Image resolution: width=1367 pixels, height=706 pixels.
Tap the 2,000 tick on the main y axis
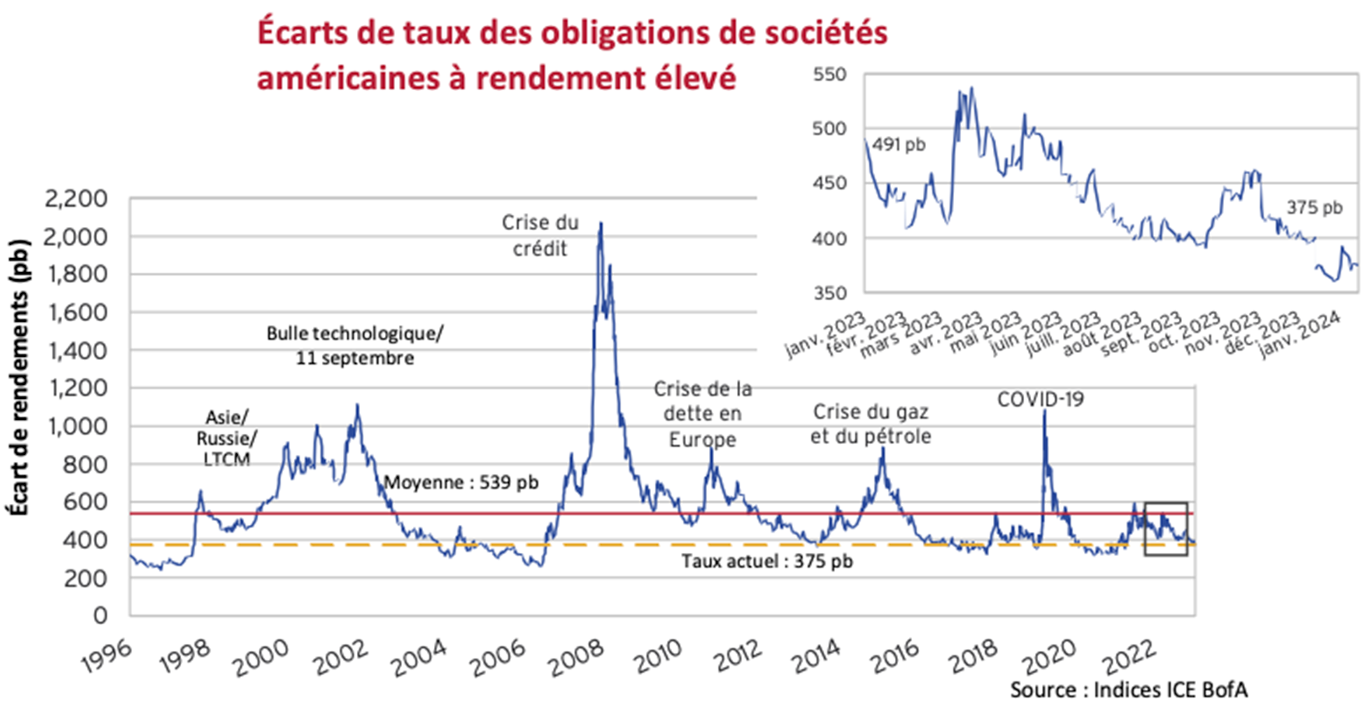click(x=75, y=237)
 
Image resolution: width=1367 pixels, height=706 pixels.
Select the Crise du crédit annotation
click(x=540, y=236)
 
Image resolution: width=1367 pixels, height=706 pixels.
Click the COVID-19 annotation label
click(x=1040, y=400)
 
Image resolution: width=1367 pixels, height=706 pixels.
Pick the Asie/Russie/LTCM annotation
click(x=226, y=439)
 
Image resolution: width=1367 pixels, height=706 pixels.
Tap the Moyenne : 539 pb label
click(x=461, y=483)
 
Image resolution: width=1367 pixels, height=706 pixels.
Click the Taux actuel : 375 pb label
click(x=767, y=561)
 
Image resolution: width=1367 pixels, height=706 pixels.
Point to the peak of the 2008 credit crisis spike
click(x=600, y=223)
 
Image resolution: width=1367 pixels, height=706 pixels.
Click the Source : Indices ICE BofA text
click(x=1128, y=690)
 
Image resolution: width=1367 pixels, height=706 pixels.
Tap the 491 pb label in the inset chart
click(x=899, y=145)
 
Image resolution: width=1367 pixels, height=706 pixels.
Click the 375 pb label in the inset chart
click(x=1314, y=208)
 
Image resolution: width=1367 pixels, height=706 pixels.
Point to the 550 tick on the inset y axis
click(x=829, y=75)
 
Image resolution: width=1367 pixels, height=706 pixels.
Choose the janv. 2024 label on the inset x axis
click(x=1300, y=335)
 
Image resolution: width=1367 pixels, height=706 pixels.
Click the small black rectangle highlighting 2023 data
click(x=1166, y=529)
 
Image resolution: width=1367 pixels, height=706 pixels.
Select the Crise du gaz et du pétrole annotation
click(x=870, y=424)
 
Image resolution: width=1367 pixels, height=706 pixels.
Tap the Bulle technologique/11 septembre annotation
click(x=355, y=346)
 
